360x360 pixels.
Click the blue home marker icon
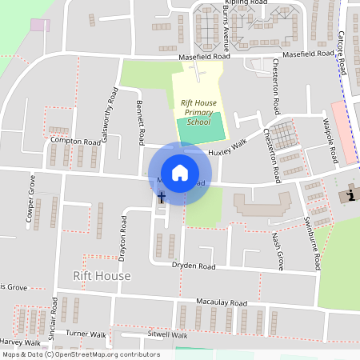[x=180, y=173]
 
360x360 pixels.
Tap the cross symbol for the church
[x=161, y=197]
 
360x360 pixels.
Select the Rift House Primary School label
[x=197, y=113]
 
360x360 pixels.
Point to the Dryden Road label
[x=195, y=266]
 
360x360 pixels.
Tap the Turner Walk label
[x=86, y=333]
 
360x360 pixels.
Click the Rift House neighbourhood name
[x=102, y=276]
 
